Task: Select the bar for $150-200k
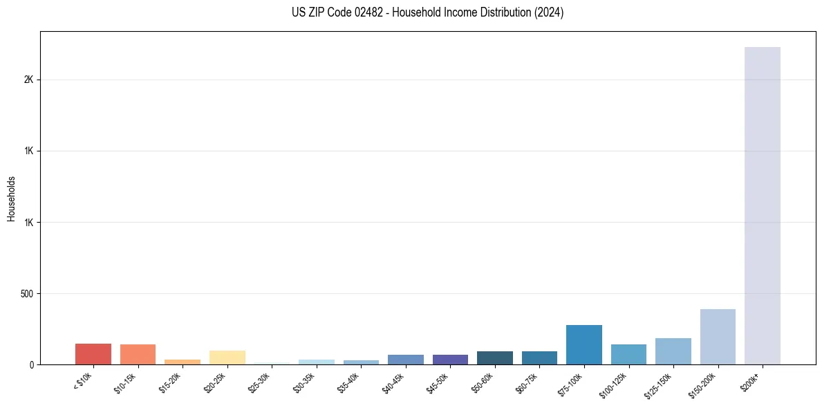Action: (718, 337)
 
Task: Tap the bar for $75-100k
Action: (583, 344)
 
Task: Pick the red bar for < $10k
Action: (93, 354)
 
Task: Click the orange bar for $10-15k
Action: (138, 354)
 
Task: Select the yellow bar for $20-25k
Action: (227, 357)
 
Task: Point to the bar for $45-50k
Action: (450, 360)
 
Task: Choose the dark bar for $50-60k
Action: (495, 358)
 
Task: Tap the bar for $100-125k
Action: (628, 354)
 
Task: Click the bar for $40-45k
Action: (406, 360)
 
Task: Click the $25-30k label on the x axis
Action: (259, 382)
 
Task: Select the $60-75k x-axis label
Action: (527, 382)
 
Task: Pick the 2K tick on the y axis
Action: (28, 80)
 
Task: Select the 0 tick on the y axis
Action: (31, 365)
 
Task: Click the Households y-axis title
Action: (12, 198)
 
